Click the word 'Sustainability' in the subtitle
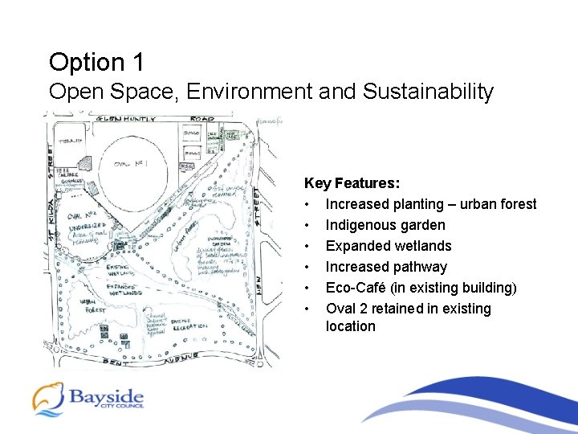tap(428, 92)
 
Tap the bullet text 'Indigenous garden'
tap(385, 225)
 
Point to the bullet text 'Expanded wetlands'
tap(389, 246)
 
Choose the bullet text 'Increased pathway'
tap(386, 267)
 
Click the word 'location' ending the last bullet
tap(350, 326)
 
